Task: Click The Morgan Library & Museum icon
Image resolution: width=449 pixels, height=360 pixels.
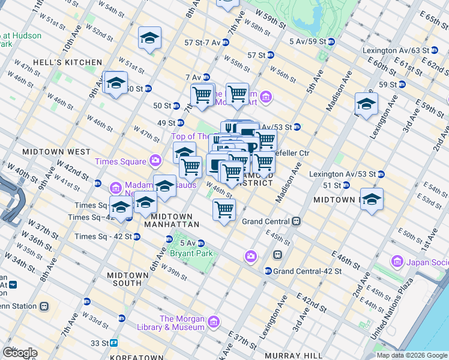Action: tap(213, 323)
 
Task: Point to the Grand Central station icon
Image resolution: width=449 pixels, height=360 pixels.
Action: tap(296, 221)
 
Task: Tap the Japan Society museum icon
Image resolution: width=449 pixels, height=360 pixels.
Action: tap(397, 262)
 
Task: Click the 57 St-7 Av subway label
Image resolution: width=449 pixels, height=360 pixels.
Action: tap(202, 43)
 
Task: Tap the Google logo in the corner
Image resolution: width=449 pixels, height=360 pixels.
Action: tap(19, 352)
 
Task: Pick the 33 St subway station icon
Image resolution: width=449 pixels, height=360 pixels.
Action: tap(113, 343)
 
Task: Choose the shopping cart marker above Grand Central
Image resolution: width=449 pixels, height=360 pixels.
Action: tap(224, 210)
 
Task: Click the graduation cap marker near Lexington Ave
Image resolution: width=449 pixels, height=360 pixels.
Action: tap(366, 104)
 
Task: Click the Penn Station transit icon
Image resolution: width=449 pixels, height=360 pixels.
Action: tap(44, 306)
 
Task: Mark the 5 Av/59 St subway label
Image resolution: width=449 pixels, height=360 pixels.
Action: tap(311, 41)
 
